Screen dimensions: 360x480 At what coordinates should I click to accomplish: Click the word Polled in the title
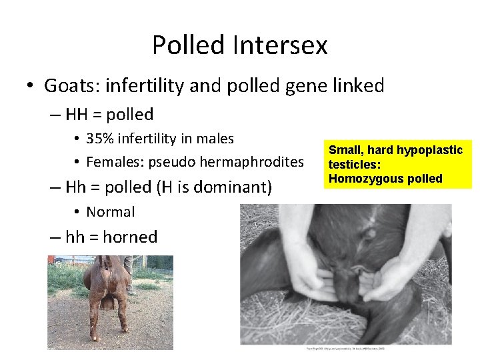pos(189,45)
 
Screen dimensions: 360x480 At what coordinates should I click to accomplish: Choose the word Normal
pos(111,212)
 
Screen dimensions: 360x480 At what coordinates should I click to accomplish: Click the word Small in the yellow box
pos(343,151)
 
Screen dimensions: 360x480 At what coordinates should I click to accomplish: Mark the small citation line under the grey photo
pos(345,349)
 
